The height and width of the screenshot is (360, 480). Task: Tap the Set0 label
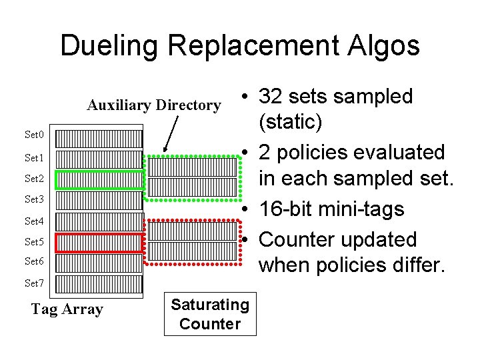tap(34, 135)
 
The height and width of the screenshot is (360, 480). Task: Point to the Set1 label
tap(34, 158)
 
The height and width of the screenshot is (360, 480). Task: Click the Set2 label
tap(34, 179)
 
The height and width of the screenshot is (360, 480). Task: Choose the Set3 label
tap(34, 199)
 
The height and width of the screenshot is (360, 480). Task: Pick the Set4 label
tap(34, 221)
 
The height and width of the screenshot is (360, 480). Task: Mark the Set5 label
tap(34, 242)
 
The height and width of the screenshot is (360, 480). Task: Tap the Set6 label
tap(34, 261)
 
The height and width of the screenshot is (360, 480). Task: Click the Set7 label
tap(34, 283)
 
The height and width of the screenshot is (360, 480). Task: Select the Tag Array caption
tap(67, 309)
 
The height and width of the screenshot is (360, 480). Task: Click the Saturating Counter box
tap(210, 315)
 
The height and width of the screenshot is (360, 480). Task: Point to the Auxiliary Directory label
tap(154, 105)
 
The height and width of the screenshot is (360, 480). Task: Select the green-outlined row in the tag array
tap(100, 180)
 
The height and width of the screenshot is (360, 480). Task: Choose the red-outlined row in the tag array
tap(100, 243)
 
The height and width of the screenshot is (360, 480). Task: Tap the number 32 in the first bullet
tap(271, 97)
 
